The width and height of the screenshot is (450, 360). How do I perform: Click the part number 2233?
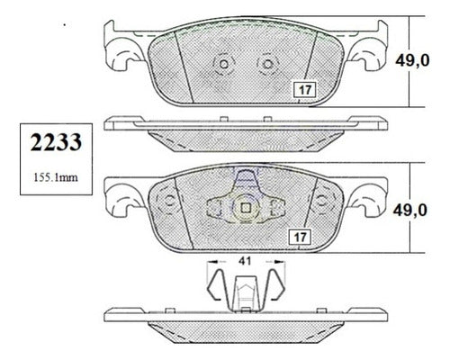coord(56,142)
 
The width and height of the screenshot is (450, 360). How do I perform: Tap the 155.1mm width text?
coord(56,177)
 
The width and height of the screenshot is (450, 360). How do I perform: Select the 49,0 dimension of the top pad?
coord(412,61)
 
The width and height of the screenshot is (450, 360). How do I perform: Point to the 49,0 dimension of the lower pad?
coord(409,211)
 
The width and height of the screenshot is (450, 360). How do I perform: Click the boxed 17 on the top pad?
coord(305,90)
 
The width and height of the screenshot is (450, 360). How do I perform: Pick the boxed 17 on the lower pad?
coord(300,238)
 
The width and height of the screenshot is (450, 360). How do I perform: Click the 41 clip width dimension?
coord(245,261)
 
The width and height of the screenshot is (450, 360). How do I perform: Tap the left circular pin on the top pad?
coord(224,64)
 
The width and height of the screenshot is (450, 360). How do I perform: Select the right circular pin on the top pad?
coord(267,64)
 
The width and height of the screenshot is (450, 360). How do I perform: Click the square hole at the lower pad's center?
coord(247,208)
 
